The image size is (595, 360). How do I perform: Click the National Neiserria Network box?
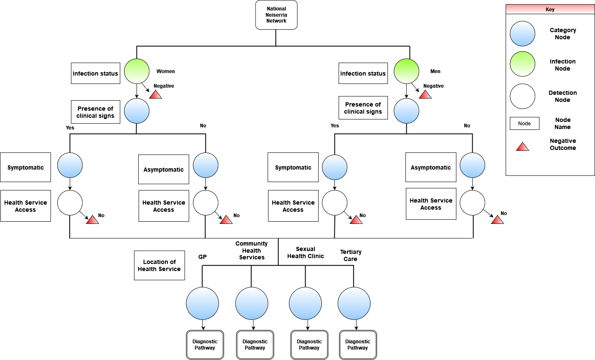click(x=276, y=15)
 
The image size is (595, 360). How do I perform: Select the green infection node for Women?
click(x=137, y=71)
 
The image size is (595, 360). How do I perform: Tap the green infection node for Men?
click(x=406, y=71)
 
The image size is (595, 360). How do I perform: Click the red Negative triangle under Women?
click(x=156, y=95)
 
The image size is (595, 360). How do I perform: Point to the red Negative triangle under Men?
click(x=425, y=95)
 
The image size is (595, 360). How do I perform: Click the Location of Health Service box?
click(x=159, y=266)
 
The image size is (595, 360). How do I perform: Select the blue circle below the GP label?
click(x=203, y=303)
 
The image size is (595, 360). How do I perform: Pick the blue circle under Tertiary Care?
click(x=354, y=303)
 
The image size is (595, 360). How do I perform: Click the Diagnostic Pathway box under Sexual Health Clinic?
click(x=309, y=345)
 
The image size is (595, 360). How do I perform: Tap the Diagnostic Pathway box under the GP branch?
click(x=205, y=345)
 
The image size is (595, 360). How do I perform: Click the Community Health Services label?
click(x=251, y=251)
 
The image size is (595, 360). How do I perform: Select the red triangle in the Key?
click(x=522, y=147)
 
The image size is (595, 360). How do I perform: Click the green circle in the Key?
click(x=522, y=64)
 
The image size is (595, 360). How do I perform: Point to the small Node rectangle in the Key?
click(x=524, y=123)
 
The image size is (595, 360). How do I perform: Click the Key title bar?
click(x=550, y=9)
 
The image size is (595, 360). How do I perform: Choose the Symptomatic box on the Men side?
click(x=293, y=167)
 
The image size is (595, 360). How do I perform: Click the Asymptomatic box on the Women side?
click(x=163, y=170)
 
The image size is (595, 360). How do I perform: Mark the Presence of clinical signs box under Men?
click(x=363, y=108)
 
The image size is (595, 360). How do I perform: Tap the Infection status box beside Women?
click(x=95, y=74)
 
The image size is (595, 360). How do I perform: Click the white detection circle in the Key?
click(x=522, y=96)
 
